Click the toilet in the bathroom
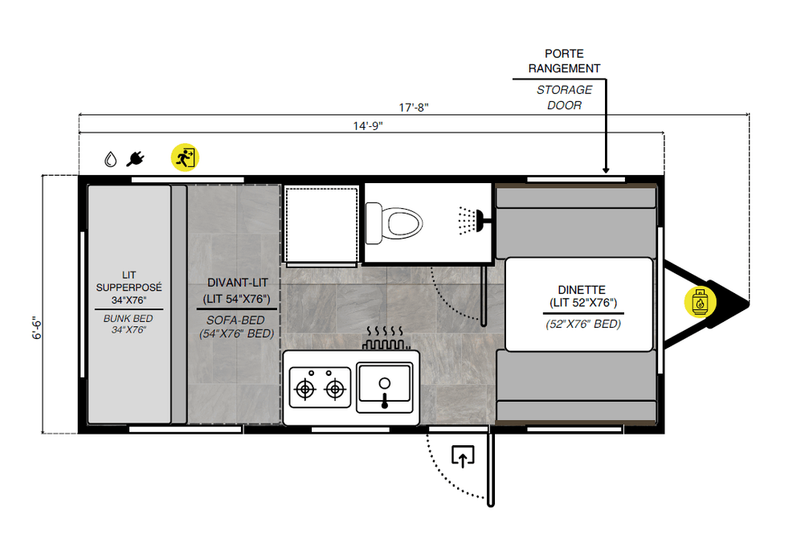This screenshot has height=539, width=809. [394, 223]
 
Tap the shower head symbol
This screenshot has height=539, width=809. [471, 221]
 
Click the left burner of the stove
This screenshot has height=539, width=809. [305, 389]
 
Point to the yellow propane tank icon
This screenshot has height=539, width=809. [700, 302]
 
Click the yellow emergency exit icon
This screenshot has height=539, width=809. [185, 157]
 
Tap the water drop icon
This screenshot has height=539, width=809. [110, 159]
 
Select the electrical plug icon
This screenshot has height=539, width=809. [135, 159]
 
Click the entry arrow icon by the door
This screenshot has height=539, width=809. [463, 456]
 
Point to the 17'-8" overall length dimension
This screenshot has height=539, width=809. [414, 108]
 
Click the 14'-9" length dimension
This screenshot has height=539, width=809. [368, 126]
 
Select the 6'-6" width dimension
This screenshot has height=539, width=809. [37, 328]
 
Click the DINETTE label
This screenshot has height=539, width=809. [582, 290]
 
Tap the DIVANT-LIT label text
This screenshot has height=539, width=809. [237, 283]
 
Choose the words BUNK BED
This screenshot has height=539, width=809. [128, 319]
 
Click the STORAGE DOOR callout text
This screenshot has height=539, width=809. [565, 97]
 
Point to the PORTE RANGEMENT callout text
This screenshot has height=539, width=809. [565, 61]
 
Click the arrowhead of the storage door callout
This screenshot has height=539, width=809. [606, 170]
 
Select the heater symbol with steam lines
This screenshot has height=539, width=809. [386, 337]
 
